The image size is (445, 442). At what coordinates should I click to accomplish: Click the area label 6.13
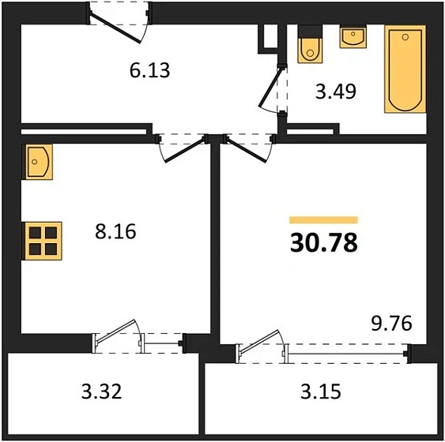coord(149,70)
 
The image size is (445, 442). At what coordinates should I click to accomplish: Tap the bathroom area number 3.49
coord(336,92)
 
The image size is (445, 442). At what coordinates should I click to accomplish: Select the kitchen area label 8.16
coord(115,231)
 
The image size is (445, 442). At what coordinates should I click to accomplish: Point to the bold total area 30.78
coord(324,243)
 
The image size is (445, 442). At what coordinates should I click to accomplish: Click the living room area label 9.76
coord(391,324)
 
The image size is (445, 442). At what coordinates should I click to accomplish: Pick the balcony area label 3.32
coord(102,391)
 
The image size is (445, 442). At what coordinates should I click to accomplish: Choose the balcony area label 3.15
coord(321,391)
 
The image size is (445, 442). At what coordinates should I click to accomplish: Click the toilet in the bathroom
coord(310,44)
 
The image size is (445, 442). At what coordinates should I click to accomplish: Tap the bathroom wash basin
coord(353,36)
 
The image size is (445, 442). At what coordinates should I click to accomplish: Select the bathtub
coord(405,69)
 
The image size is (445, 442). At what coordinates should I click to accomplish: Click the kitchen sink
coord(38,162)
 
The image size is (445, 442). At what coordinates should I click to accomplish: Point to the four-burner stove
coord(43,241)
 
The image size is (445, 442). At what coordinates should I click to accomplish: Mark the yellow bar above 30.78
coord(323,220)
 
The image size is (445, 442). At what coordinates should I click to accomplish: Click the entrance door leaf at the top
coord(115,28)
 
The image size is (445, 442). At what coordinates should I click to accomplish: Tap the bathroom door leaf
coord(270,86)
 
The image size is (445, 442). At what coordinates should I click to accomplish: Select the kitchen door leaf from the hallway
coord(185,150)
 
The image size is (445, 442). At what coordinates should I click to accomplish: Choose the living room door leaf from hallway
coord(247,150)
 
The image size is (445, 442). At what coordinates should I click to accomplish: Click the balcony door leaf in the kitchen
coord(115,331)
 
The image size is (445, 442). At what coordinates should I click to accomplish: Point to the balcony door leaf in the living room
coord(259,342)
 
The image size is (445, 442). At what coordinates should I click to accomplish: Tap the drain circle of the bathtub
coord(405,37)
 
